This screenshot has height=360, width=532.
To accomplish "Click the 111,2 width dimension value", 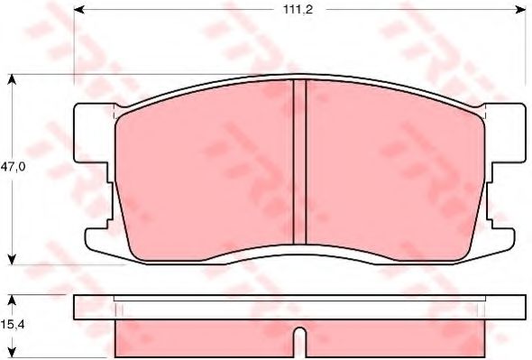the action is [x=298, y=10].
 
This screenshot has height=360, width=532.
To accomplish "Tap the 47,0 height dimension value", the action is [x=13, y=167].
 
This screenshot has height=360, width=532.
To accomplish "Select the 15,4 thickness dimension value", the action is [x=13, y=325].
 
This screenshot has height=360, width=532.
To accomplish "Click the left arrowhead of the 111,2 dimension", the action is [x=79, y=10].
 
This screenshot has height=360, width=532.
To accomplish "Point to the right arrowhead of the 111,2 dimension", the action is [x=521, y=10].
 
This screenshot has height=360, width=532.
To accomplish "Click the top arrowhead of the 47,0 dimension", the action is [x=12, y=79].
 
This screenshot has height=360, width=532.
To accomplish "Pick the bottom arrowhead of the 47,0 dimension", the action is [x=12, y=260].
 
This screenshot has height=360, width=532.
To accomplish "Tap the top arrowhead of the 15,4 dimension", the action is [x=12, y=300].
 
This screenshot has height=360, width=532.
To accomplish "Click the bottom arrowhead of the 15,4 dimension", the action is [x=12, y=352].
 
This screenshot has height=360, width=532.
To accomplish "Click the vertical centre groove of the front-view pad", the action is [x=299, y=162].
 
